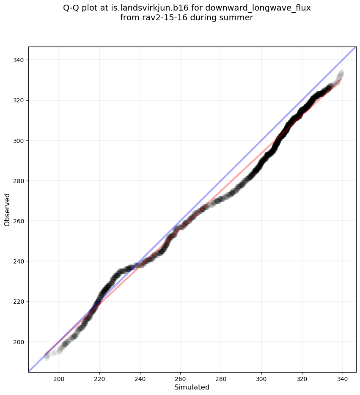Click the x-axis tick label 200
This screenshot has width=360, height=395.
point(59,378)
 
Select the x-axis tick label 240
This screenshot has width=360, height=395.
point(140,378)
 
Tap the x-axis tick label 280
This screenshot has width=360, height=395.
point(221,378)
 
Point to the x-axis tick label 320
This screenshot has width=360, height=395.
point(302,378)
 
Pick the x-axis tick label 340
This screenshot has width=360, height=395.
point(343,378)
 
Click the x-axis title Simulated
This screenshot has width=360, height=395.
point(192,387)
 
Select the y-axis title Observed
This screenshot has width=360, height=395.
point(7,209)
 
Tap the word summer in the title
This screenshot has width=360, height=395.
point(239,18)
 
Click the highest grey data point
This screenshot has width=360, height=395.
point(341,73)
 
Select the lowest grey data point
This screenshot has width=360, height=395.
point(47,357)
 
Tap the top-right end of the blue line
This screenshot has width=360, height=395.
point(356,47)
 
